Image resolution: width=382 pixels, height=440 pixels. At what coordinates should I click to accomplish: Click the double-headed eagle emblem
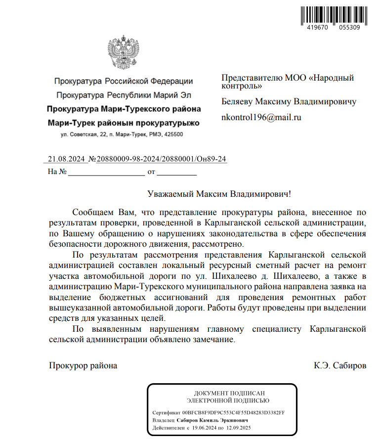coord(124,53)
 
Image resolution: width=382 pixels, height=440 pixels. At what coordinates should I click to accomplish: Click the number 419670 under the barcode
coord(312,28)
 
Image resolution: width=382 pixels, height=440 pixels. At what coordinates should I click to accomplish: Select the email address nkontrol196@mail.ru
coord(261,118)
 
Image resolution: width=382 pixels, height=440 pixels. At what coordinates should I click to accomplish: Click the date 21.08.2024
coord(67,159)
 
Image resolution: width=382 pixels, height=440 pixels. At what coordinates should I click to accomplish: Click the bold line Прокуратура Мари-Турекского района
coord(124,109)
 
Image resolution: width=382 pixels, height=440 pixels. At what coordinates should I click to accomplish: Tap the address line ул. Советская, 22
coord(122,134)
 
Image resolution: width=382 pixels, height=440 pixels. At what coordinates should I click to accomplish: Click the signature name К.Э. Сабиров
coord(340,366)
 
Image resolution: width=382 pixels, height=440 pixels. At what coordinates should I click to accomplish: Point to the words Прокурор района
coord(83,366)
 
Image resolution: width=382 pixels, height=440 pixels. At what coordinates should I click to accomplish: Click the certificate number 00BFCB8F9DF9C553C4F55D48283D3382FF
coord(234,412)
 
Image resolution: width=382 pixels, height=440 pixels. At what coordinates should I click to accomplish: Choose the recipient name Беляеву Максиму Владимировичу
coord(289,102)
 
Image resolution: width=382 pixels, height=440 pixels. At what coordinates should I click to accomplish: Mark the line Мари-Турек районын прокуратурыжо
coord(124,122)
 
